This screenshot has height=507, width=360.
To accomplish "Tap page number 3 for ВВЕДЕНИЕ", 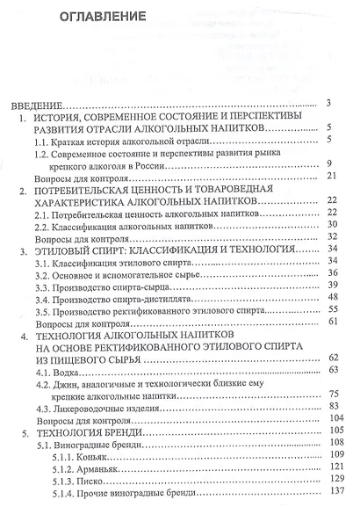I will [x=326, y=102].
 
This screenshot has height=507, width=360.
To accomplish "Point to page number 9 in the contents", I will [x=326, y=164].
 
